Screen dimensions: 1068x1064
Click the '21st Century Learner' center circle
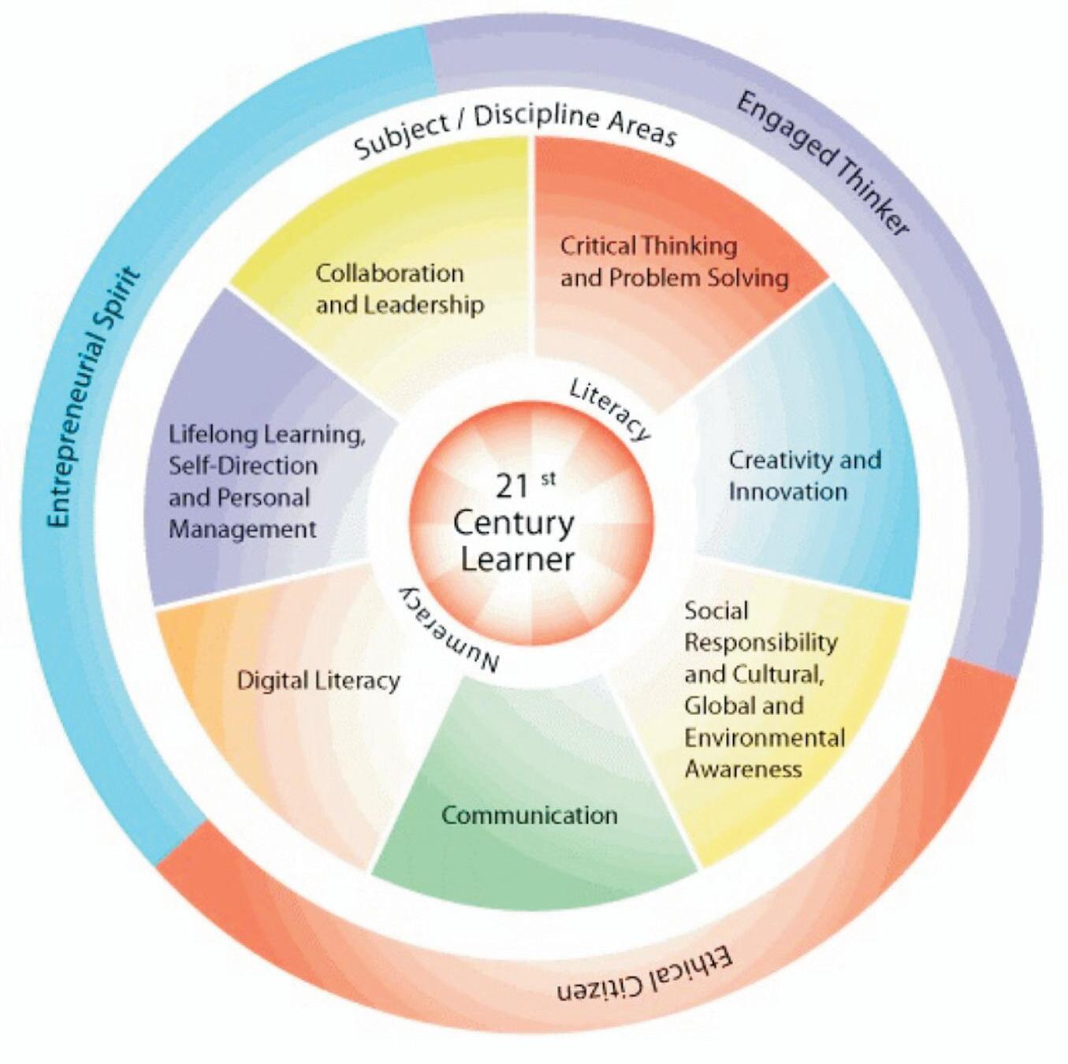pos(530,523)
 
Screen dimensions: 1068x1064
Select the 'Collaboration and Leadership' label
pos(399,288)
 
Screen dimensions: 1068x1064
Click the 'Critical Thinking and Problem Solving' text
pos(673,262)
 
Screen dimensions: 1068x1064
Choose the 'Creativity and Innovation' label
pos(804,475)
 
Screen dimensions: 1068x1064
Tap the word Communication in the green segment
pos(529,814)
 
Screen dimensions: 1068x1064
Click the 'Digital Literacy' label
pos(318,680)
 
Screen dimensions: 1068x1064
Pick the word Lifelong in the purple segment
pos(209,434)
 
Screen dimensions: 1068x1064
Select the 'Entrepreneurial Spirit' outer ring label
pos(93,398)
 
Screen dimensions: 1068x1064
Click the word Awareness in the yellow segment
pos(742,768)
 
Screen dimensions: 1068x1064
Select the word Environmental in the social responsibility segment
pos(764,737)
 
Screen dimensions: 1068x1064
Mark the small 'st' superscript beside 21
pos(548,478)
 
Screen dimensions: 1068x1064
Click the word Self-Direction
pos(243,466)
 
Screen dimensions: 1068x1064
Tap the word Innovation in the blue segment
pos(787,491)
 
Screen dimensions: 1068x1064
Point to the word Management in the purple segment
pos(242,529)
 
